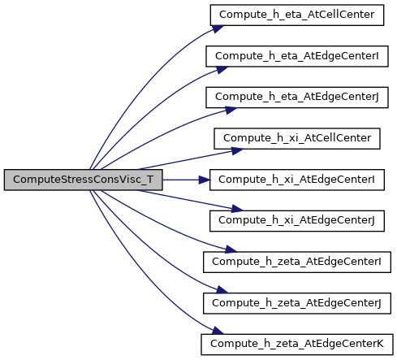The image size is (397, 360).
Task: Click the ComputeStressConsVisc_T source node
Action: click(83, 180)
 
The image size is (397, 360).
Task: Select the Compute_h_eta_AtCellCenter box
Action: click(297, 15)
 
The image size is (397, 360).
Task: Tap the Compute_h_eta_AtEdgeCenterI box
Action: click(297, 56)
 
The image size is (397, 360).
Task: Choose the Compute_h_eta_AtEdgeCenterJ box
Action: click(297, 98)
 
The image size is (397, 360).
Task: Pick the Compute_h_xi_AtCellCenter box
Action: click(297, 138)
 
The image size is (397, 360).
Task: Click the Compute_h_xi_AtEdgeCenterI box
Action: click(297, 180)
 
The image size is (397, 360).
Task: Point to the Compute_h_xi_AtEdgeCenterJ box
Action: click(297, 221)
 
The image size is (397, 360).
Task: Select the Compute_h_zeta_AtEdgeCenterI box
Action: click(297, 262)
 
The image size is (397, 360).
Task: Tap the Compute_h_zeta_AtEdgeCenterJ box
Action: click(297, 303)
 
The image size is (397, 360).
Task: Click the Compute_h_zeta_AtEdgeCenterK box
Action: click(297, 345)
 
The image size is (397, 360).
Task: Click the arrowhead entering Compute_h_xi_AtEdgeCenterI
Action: click(205, 180)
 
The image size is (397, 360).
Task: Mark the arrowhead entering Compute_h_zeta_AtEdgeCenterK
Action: click(218, 331)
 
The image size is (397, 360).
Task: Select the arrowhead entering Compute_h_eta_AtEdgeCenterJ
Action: click(231, 111)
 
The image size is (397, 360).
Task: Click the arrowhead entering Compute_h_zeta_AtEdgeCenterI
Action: click(231, 249)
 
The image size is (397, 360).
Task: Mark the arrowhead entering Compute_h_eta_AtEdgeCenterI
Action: click(222, 70)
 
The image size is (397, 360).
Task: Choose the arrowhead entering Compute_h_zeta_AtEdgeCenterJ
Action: click(222, 290)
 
